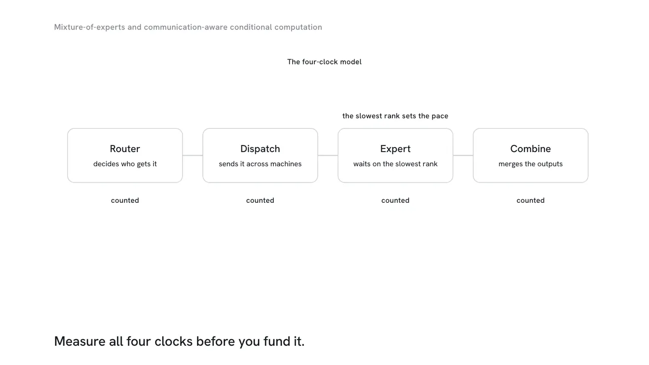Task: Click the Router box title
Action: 125,149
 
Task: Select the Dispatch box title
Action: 260,149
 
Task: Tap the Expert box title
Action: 395,149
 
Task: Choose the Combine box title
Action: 530,149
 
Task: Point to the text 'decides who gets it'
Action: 125,164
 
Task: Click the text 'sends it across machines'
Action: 260,164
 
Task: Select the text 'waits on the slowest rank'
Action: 395,164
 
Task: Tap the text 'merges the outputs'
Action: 530,164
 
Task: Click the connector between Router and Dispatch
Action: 193,156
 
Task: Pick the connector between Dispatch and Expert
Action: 328,156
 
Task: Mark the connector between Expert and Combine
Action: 463,156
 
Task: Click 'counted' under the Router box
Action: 125,200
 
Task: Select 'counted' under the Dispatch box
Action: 260,200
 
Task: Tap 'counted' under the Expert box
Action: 395,200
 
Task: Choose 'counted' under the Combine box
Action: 530,200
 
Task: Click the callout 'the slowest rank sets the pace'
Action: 395,116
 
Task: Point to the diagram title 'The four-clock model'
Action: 324,62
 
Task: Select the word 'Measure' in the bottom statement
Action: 80,341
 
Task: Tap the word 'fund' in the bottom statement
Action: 277,341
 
